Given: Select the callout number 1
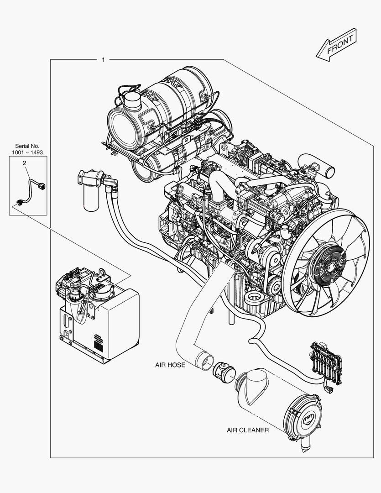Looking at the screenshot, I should point(104,60).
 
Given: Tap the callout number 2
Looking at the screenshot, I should point(25,163).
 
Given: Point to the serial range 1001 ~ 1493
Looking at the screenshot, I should point(27,152).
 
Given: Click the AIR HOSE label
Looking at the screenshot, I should point(170,365).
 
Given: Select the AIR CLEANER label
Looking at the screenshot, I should point(248,430).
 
